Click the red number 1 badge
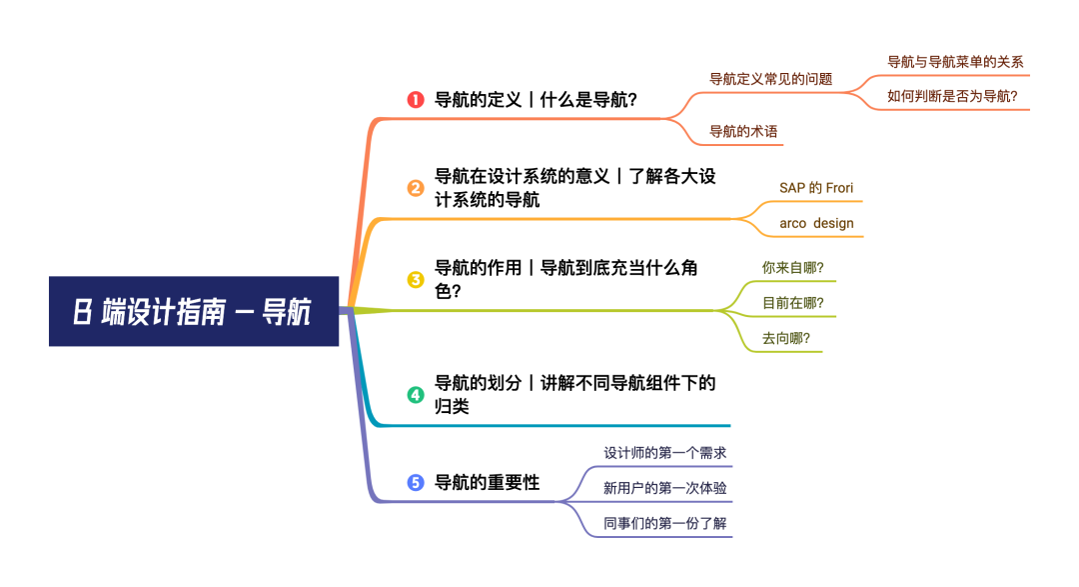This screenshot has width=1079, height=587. pyautogui.click(x=416, y=100)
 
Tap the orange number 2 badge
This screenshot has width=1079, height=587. pyautogui.click(x=416, y=188)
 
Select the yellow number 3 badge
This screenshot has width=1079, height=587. pyautogui.click(x=416, y=279)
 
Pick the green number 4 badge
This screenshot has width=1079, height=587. pyautogui.click(x=416, y=395)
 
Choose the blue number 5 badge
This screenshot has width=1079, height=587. pyautogui.click(x=416, y=482)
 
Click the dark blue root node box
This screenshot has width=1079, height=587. pyautogui.click(x=194, y=311)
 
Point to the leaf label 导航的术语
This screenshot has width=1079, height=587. pyautogui.click(x=743, y=132)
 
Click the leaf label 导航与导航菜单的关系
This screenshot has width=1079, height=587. pyautogui.click(x=955, y=62)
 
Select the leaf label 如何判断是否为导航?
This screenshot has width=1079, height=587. pyautogui.click(x=952, y=96)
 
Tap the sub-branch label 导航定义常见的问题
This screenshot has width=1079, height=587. pyautogui.click(x=770, y=79)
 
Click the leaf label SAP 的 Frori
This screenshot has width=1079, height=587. pyautogui.click(x=816, y=188)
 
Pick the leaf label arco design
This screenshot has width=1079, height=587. pyautogui.click(x=816, y=223)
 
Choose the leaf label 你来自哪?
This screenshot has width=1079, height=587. pyautogui.click(x=792, y=268)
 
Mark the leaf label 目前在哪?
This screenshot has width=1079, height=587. pyautogui.click(x=792, y=303)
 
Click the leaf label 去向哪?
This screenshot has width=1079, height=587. pyautogui.click(x=786, y=338)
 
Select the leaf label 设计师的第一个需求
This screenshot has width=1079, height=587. pyautogui.click(x=664, y=453)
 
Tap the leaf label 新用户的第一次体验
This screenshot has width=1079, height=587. pyautogui.click(x=664, y=488)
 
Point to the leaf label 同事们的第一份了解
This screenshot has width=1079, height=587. pyautogui.click(x=664, y=524)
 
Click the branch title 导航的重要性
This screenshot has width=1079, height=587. pyautogui.click(x=488, y=482)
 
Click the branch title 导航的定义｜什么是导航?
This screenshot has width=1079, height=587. pyautogui.click(x=537, y=100)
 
